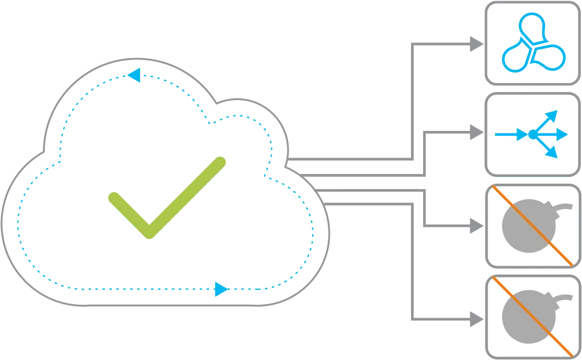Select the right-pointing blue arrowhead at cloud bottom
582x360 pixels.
coord(221,289)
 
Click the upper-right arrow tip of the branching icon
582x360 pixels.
coord(552,113)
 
